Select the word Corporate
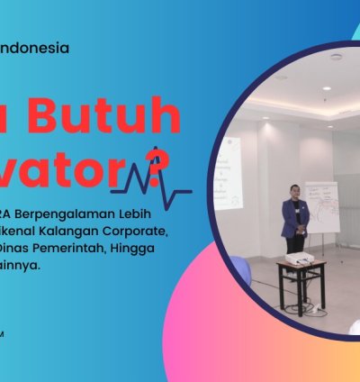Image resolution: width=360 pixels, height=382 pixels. [x=148, y=231]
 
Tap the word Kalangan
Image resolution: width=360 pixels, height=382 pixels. [x=81, y=231]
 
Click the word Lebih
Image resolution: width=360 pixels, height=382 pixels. [x=149, y=214]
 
